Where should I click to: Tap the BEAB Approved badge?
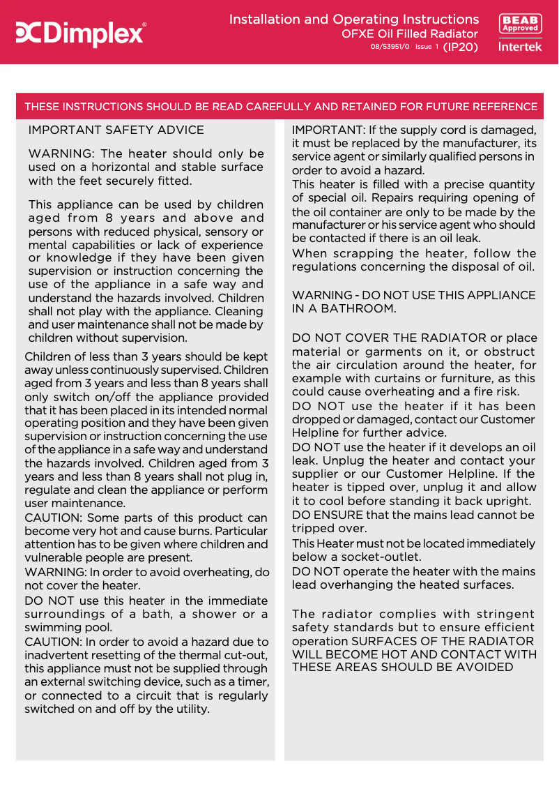coord(520,24)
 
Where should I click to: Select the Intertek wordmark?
coord(520,47)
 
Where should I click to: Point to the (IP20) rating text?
coord(461,47)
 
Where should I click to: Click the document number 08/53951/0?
coord(390,47)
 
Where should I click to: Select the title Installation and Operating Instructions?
coord(353,20)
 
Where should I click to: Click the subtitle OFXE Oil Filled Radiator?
coord(409,33)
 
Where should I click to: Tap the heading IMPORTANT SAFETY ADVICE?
coord(116,130)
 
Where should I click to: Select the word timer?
coord(251,682)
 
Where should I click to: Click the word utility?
coord(190,709)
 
